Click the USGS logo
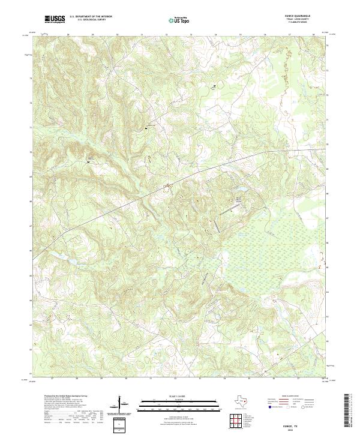(x=55, y=19)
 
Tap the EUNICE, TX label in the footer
(x=303, y=424)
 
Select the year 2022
(x=303, y=428)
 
